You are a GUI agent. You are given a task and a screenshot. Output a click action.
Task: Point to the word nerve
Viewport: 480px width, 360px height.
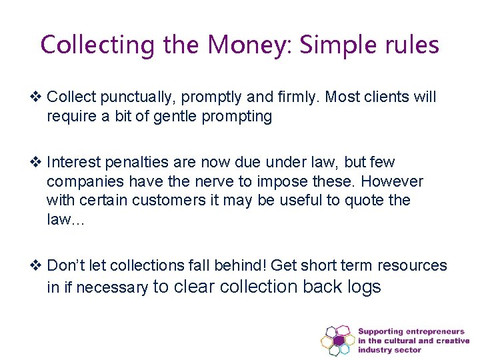(x=213, y=181)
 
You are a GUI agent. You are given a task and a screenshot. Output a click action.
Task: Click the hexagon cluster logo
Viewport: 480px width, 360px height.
(x=338, y=340)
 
